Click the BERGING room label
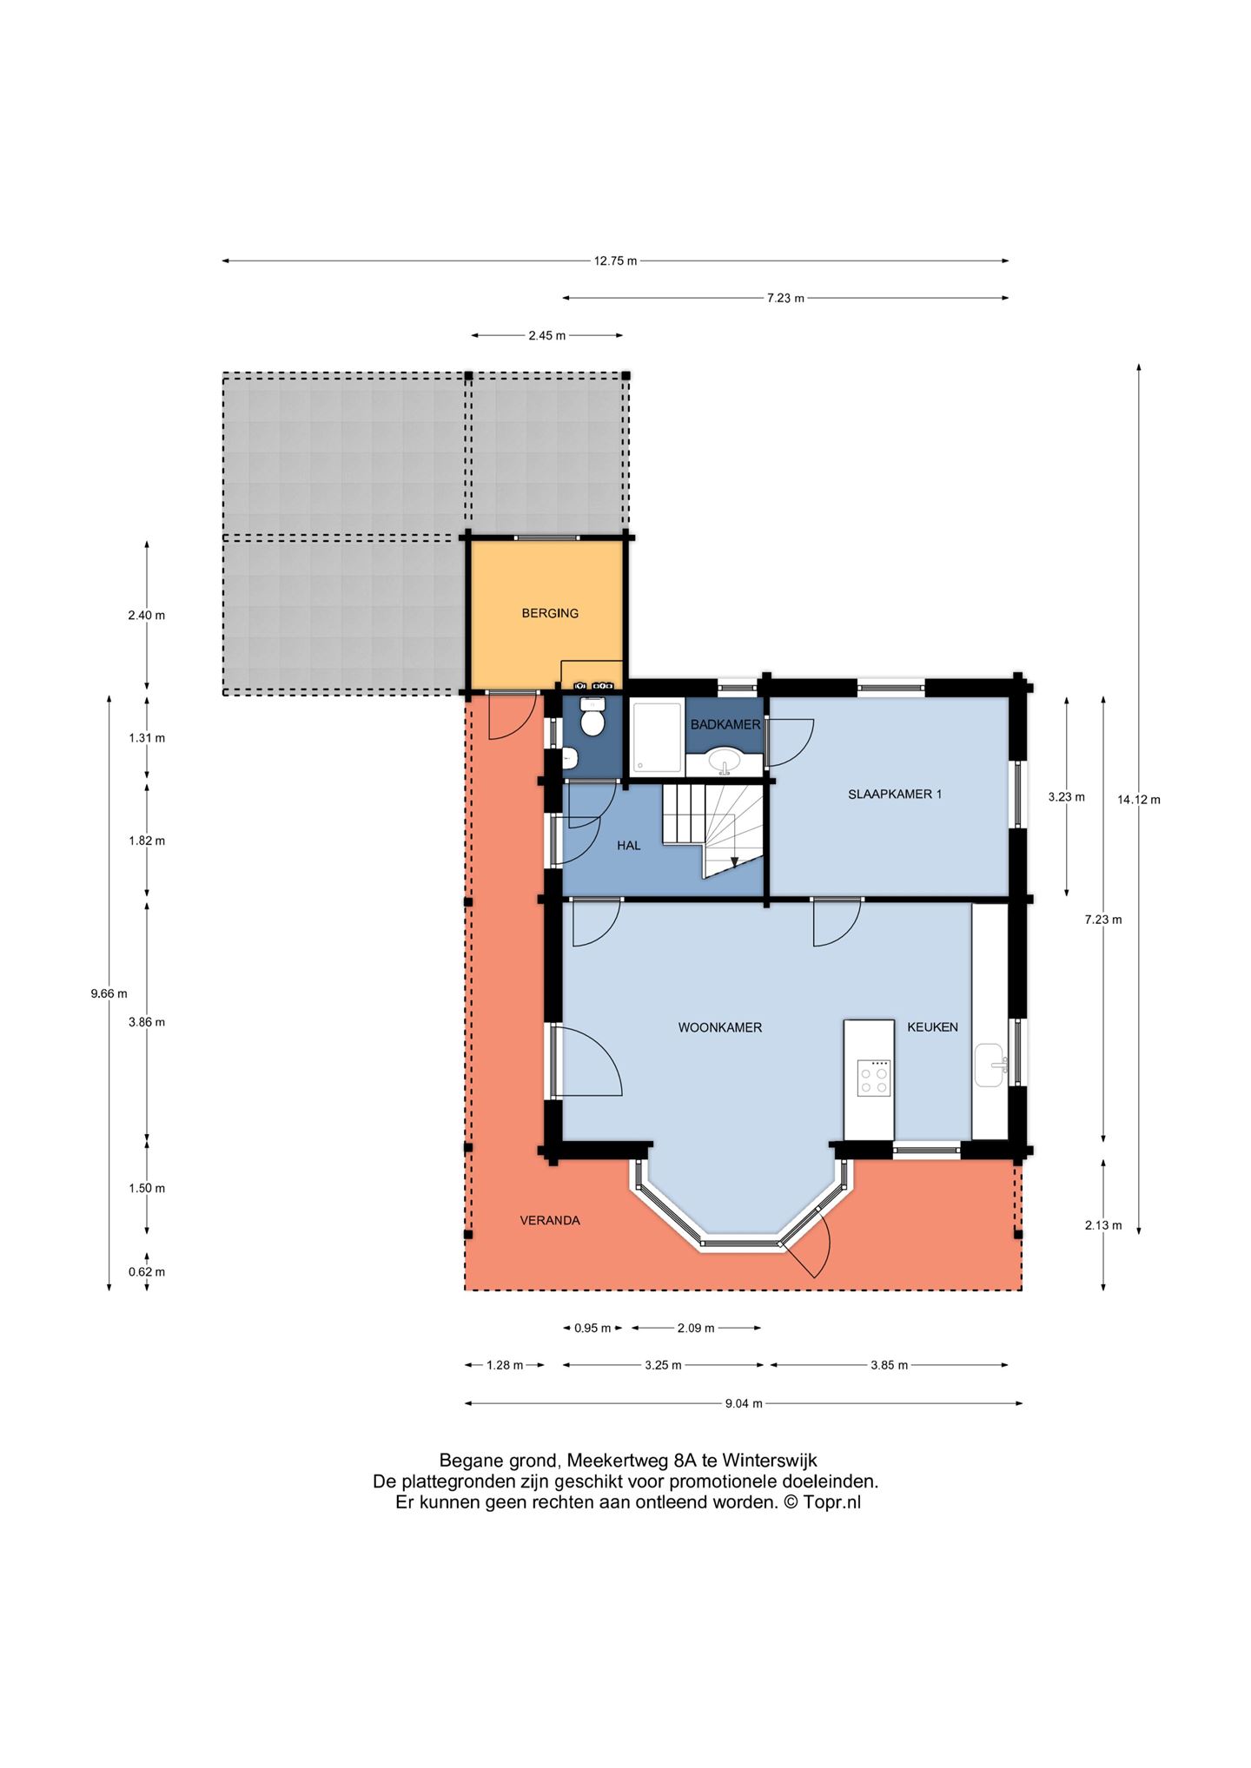550,613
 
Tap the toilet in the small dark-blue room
592,719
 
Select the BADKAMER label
725,724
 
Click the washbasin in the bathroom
725,762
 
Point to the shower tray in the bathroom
657,736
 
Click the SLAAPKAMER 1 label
895,794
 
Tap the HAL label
629,845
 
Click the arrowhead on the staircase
734,861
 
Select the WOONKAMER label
720,1027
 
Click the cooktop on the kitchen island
873,1078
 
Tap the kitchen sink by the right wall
990,1065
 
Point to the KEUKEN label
932,1027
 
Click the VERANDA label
550,1220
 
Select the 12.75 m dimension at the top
615,261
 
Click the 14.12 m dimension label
1139,800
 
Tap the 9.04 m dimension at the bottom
744,1403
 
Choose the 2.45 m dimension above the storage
547,335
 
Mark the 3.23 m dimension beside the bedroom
1067,796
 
